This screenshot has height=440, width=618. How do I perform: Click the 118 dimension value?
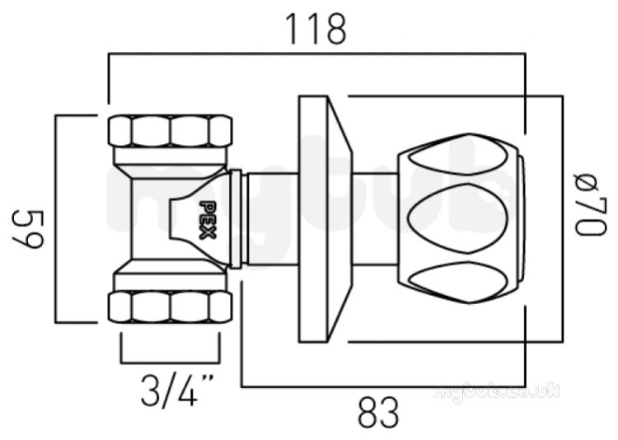point(316,30)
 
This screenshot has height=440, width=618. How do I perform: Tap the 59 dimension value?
point(28,229)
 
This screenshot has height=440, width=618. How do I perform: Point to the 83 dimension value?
point(378,413)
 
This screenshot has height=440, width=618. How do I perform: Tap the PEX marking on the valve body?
point(208,220)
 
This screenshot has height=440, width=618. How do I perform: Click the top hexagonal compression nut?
point(171,131)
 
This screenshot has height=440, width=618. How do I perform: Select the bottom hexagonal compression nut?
point(171,307)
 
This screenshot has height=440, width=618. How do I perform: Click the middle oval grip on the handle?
point(457,218)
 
